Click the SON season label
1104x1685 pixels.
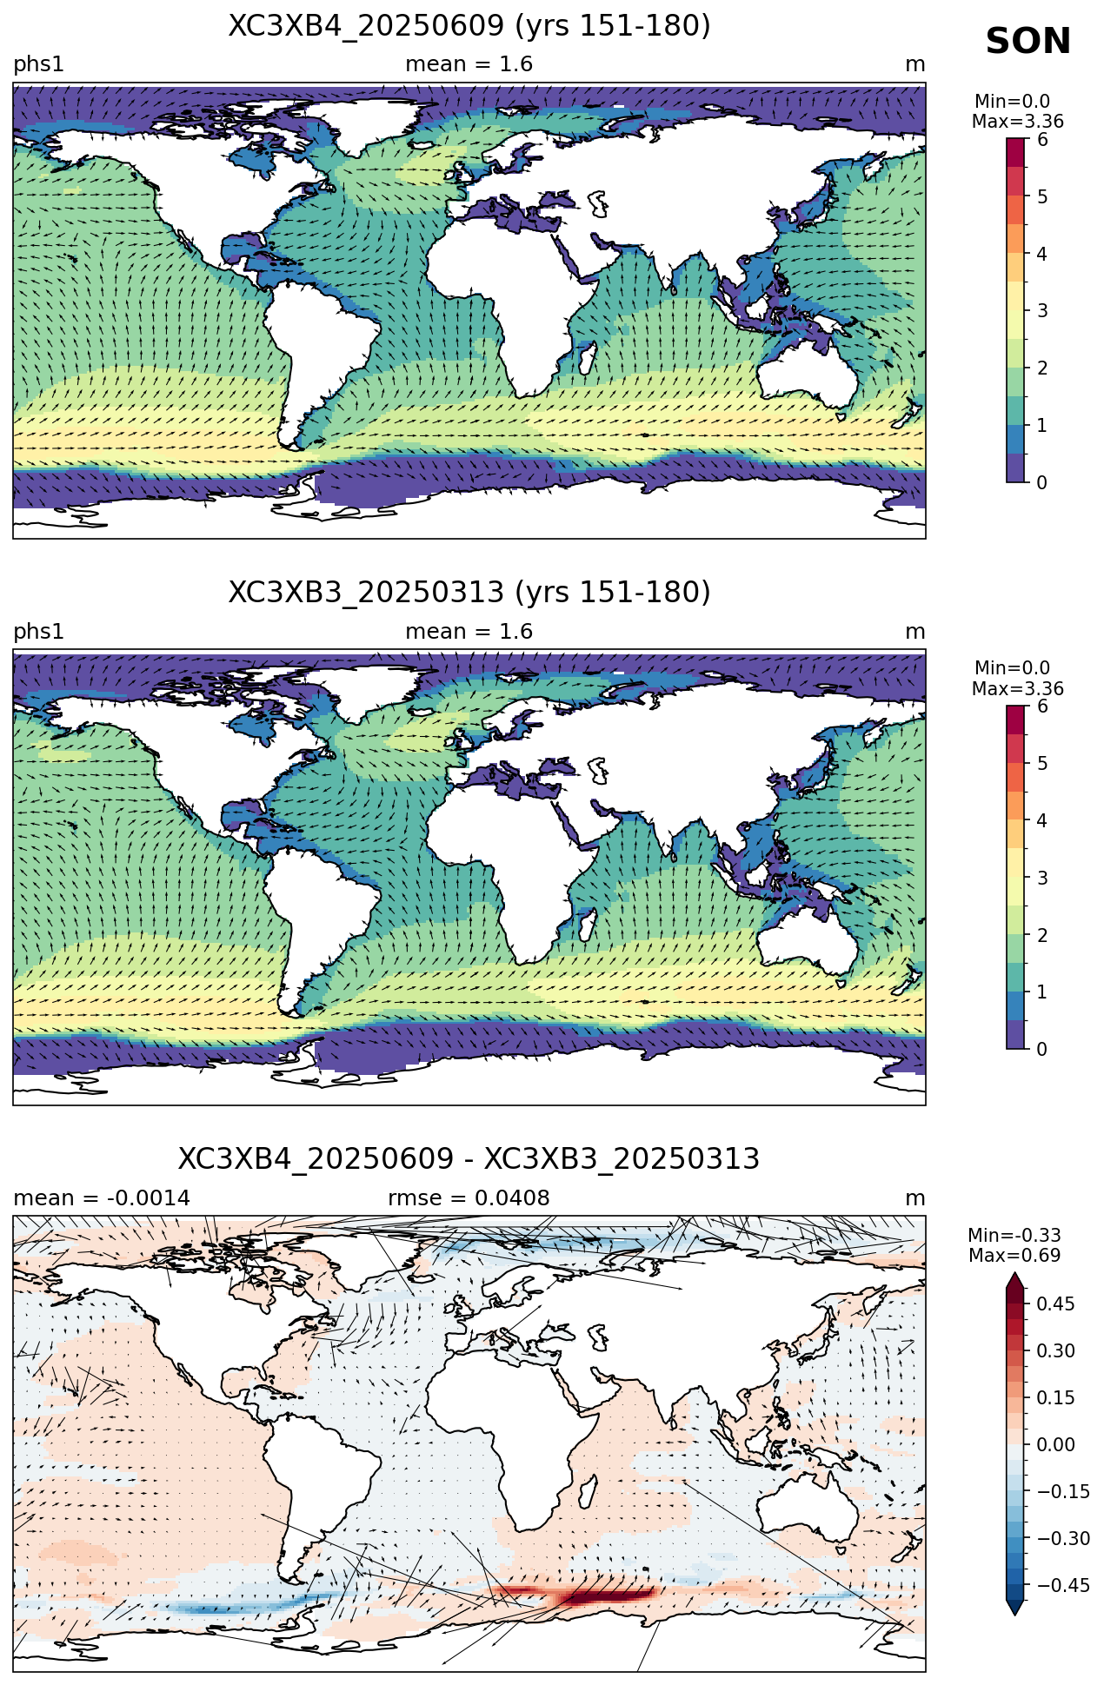pyautogui.click(x=1028, y=42)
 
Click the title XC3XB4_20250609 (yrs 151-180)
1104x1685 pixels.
pyautogui.click(x=469, y=26)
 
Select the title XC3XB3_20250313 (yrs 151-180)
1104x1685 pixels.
pyautogui.click(x=469, y=593)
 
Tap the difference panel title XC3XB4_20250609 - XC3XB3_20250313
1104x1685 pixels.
pyautogui.click(x=469, y=1159)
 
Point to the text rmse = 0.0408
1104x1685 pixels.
pyautogui.click(x=469, y=1198)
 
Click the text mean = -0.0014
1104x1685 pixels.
pyautogui.click(x=102, y=1198)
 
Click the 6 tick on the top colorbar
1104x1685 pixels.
pyautogui.click(x=1042, y=140)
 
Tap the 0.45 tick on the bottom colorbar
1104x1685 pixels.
pyautogui.click(x=1055, y=1304)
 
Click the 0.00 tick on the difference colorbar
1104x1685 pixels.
pyautogui.click(x=1055, y=1444)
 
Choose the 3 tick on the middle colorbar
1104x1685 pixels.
pyautogui.click(x=1042, y=878)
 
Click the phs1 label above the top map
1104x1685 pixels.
pyautogui.click(x=38, y=65)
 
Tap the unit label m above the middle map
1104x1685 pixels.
pyautogui.click(x=915, y=632)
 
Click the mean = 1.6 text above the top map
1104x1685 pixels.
pyautogui.click(x=469, y=64)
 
